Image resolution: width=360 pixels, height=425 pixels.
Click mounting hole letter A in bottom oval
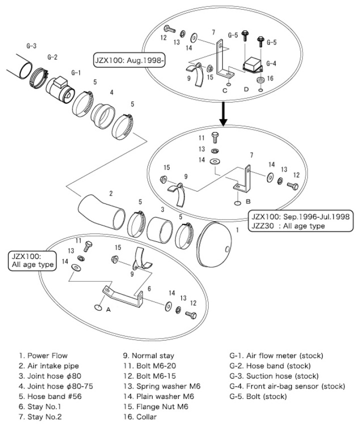pos(108,309)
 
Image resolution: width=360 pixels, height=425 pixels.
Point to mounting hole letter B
pos(247,202)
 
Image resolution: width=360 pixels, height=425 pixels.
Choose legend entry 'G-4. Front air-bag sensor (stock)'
pos(287,386)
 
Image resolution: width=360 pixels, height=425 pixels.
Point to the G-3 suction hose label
pos(31,45)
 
